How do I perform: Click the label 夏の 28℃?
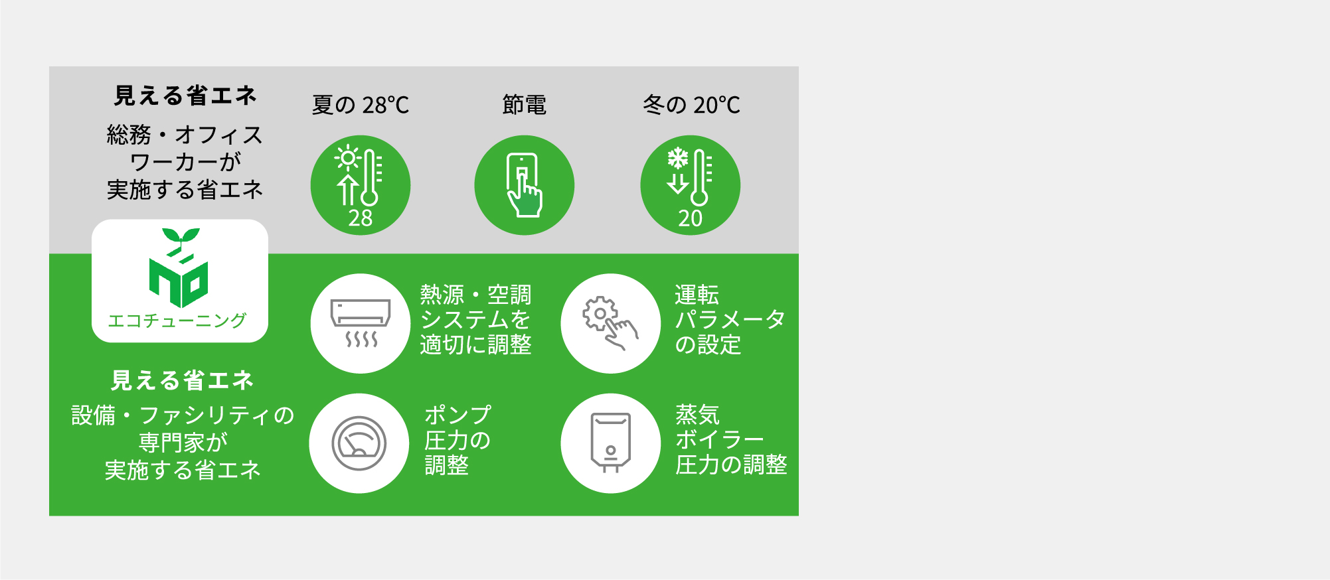point(361,105)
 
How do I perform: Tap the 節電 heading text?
point(525,105)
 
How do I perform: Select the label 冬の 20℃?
point(691,105)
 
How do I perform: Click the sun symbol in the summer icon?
point(348,159)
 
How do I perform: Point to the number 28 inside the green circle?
point(361,218)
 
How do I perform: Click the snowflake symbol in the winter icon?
point(677,159)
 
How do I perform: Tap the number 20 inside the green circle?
point(691,218)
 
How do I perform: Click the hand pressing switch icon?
point(525,185)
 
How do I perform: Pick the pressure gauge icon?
point(359,443)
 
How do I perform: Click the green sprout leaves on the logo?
point(181,236)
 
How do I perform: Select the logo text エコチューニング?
point(177,321)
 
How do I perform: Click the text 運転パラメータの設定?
point(730,320)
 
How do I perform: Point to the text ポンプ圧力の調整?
point(457,440)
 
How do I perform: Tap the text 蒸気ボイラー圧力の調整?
point(731,440)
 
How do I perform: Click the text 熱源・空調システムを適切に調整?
point(475,320)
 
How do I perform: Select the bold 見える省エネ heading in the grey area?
point(185,96)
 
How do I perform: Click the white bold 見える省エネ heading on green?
point(183,380)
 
